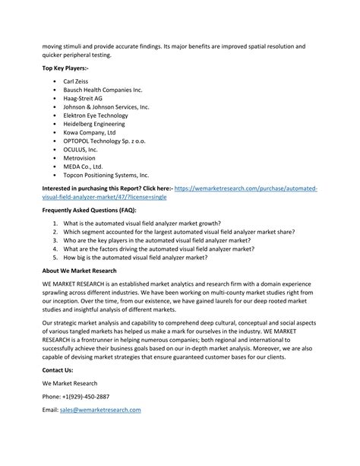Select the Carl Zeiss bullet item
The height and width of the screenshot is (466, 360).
[x=81, y=80]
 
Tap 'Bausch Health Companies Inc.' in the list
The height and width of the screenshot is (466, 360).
[x=103, y=89]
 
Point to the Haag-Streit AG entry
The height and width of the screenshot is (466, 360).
[x=83, y=98]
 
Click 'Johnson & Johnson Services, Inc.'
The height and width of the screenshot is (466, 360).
[x=106, y=107]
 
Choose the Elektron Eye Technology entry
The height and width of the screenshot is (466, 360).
[x=96, y=116]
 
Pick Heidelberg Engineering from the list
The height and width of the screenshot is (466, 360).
[x=94, y=125]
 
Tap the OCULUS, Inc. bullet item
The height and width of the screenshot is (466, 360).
[x=81, y=151]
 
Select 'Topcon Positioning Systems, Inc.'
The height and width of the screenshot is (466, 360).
[x=106, y=176]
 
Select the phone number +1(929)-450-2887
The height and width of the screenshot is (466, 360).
[x=76, y=395]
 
